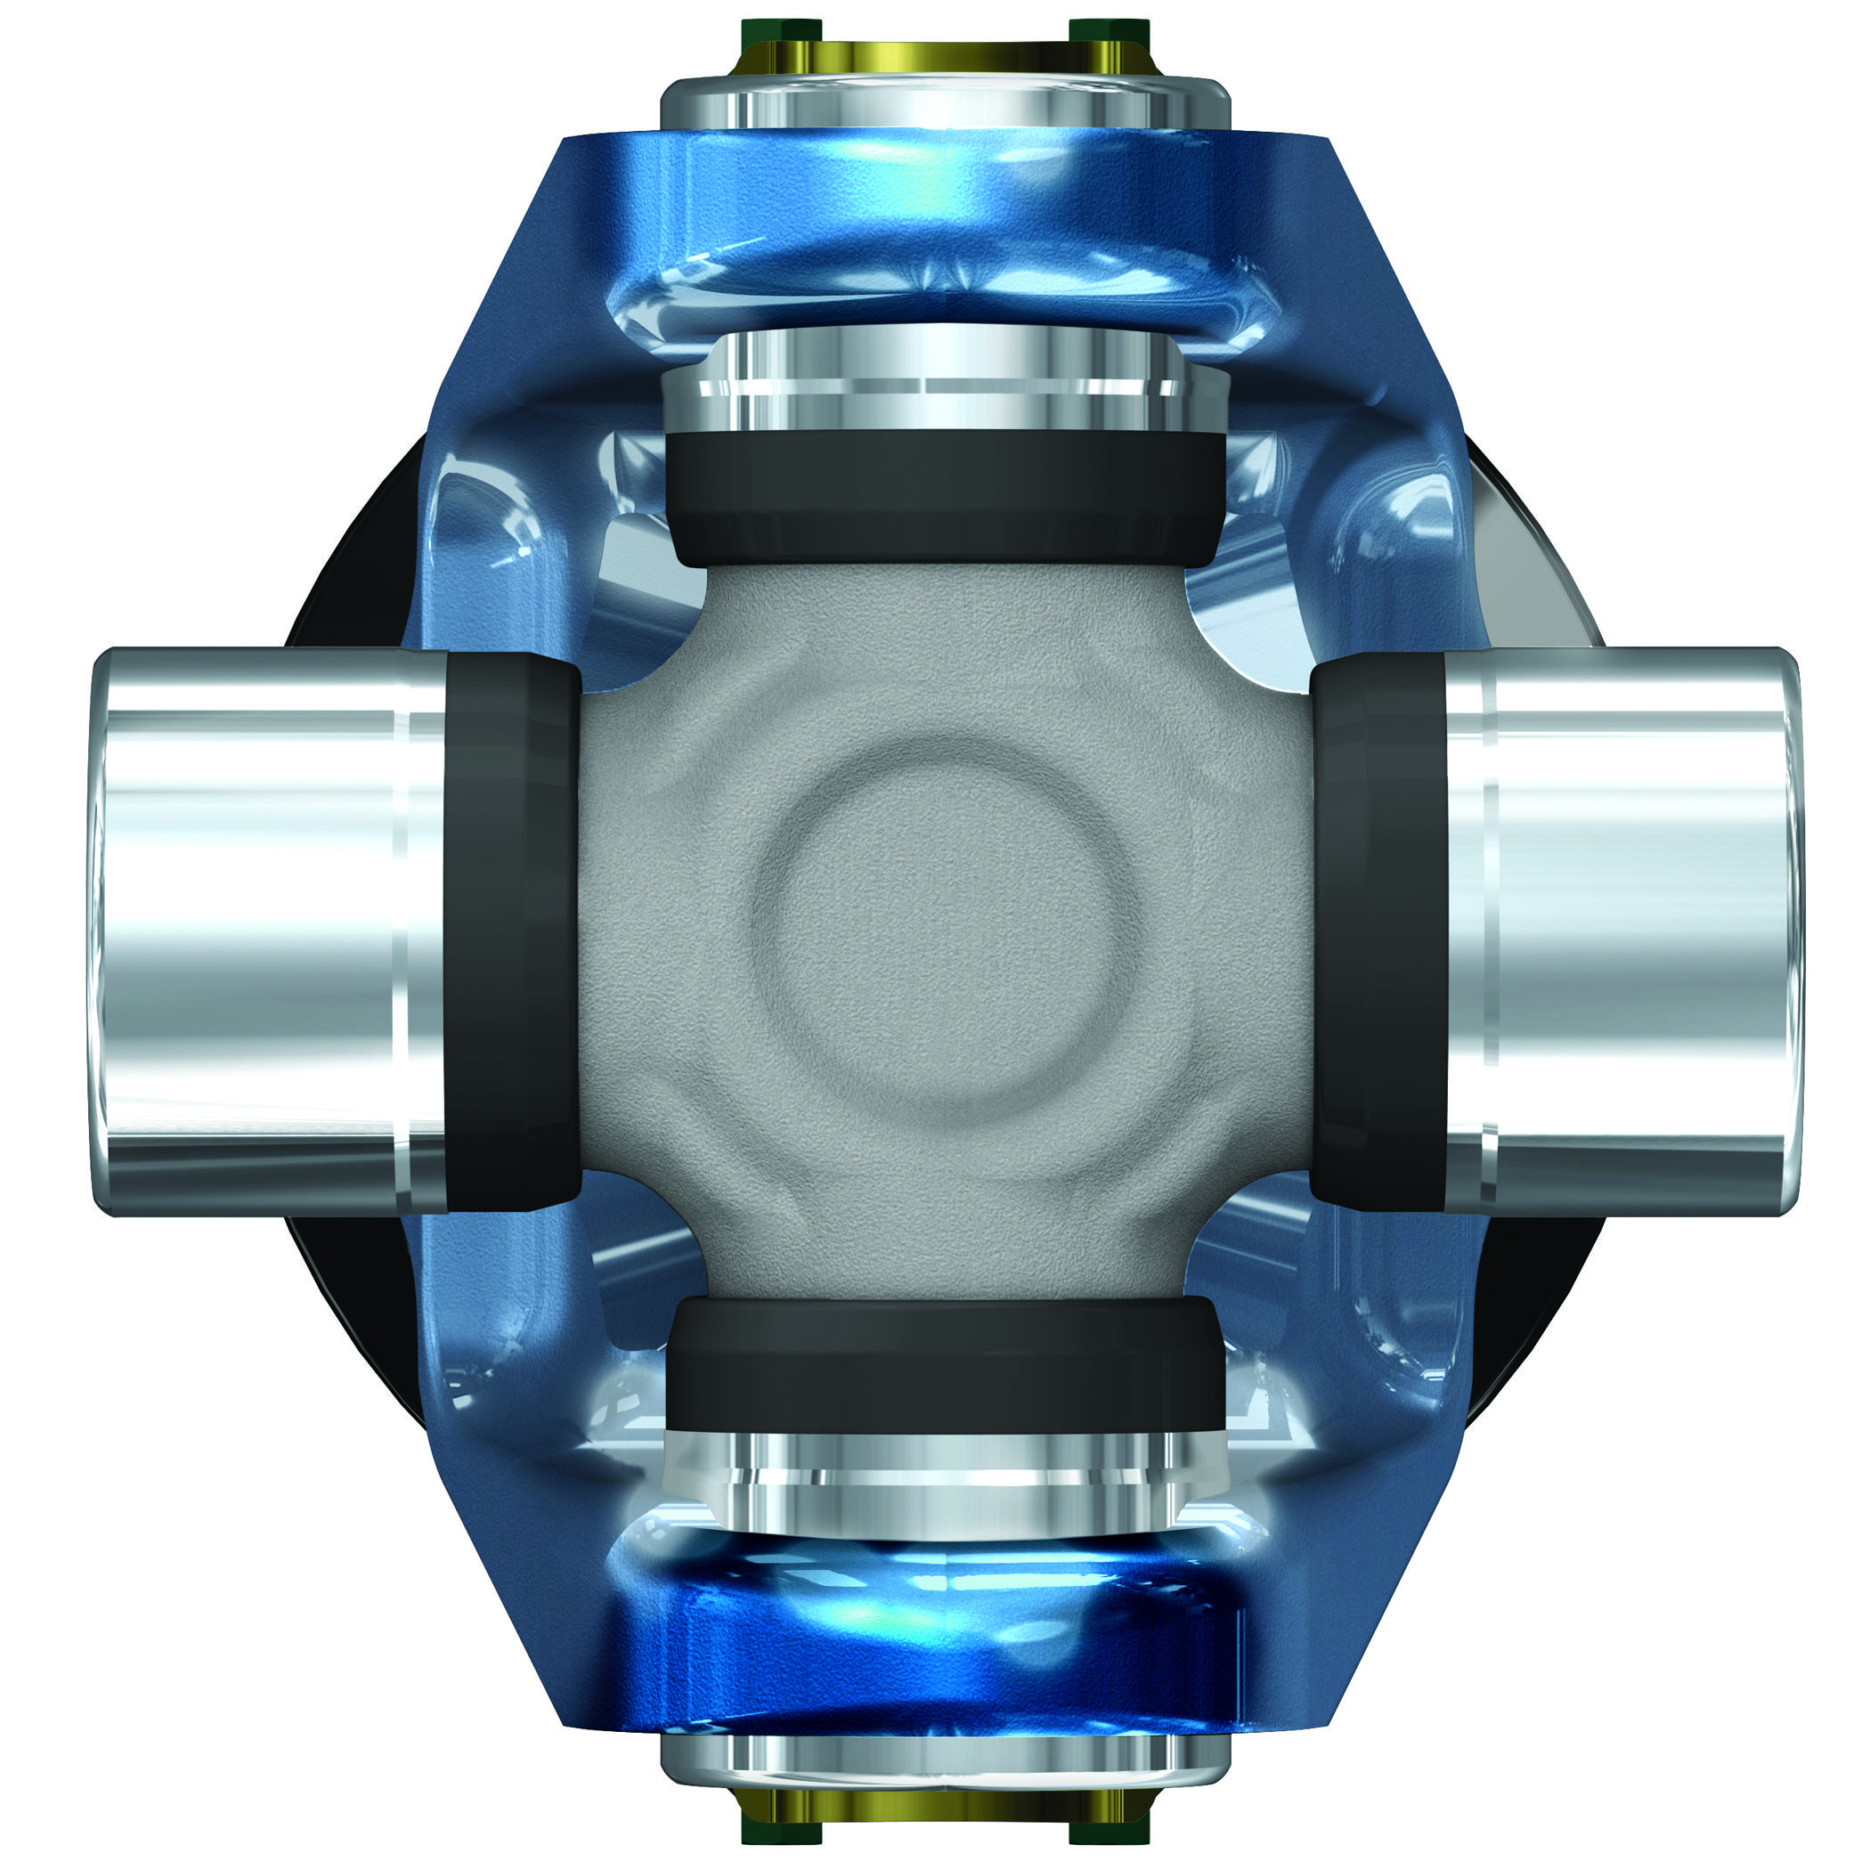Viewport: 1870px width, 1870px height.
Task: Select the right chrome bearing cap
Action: pos(1636,929)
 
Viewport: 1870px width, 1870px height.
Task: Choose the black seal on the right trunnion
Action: pos(1379,929)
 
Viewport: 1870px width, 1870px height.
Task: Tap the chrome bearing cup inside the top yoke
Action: pos(944,382)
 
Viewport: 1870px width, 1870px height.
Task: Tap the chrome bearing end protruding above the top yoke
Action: pos(944,102)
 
